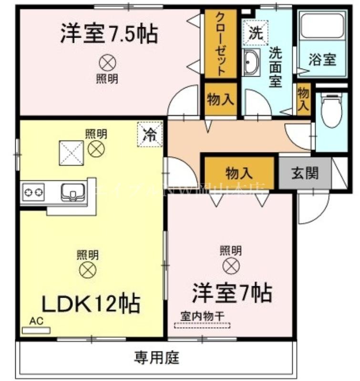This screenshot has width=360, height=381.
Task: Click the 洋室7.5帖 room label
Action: click(x=109, y=34)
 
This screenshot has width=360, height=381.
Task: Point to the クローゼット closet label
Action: click(x=221, y=44)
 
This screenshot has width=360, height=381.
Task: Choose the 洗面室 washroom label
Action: click(x=275, y=67)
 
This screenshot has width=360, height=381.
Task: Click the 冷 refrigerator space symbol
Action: click(x=150, y=133)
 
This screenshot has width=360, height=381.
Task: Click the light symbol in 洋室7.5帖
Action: click(x=107, y=62)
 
